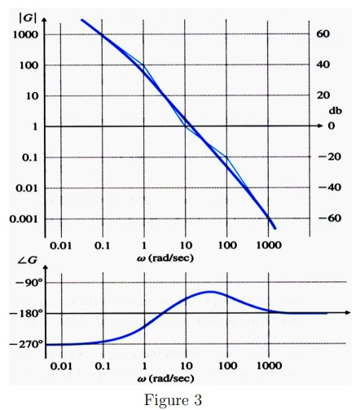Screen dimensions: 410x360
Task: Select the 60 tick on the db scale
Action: [323, 34]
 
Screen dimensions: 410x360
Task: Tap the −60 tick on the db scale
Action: [320, 219]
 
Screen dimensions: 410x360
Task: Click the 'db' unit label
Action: [334, 110]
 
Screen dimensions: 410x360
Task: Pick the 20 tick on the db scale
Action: [323, 95]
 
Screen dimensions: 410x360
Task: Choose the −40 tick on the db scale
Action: [320, 188]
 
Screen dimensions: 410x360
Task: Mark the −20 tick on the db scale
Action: [320, 157]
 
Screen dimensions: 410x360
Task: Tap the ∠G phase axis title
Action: [24, 260]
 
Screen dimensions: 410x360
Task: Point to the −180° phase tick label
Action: [24, 314]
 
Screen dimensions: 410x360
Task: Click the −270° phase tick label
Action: [24, 344]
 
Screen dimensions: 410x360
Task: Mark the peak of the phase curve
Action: [210, 291]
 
